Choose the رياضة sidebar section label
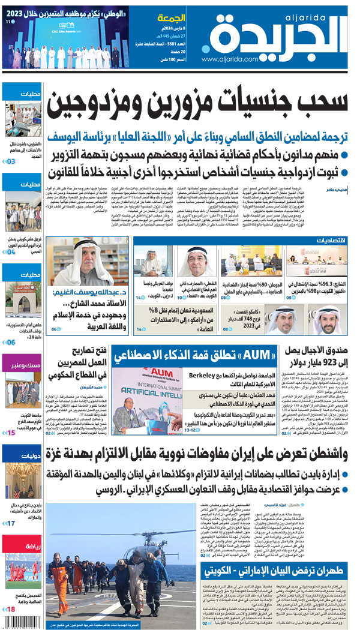click(x=29, y=547)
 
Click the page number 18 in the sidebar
click(x=11, y=610)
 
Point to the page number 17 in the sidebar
click(x=11, y=524)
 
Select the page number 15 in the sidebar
click(x=11, y=433)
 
